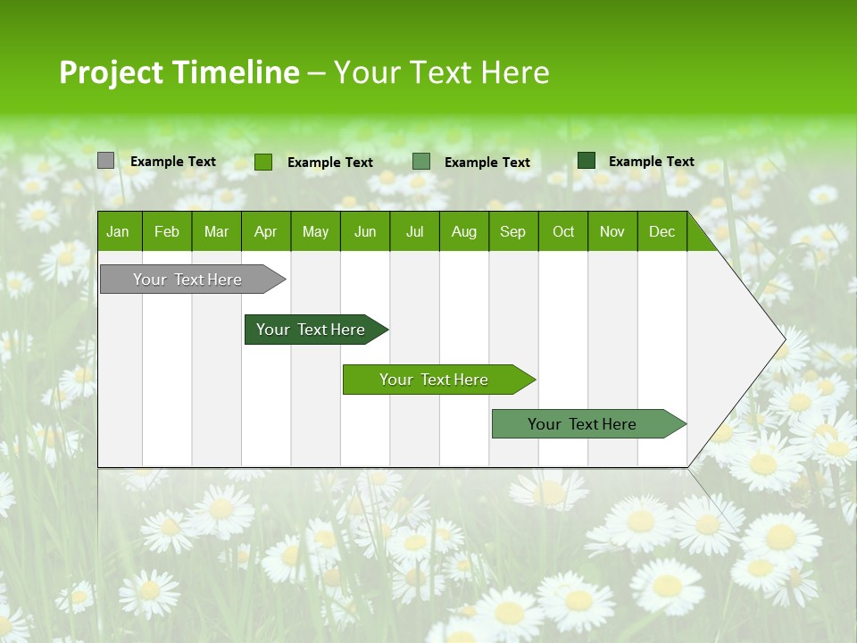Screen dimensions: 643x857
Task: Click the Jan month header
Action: point(119,231)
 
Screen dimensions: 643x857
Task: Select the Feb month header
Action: point(167,231)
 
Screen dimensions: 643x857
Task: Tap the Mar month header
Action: point(216,231)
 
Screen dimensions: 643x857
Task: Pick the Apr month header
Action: point(265,231)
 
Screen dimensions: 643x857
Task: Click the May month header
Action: point(315,231)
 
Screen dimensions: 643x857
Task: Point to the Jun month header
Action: point(365,231)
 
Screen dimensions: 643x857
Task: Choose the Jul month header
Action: point(414,231)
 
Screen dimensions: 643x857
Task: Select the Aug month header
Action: point(464,231)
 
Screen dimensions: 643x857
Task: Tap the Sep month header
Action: point(513,231)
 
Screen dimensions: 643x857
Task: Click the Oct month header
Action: point(563,231)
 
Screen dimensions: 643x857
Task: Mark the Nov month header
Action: point(612,231)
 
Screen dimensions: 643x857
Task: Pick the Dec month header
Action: point(661,231)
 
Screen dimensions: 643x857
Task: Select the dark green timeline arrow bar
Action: point(312,330)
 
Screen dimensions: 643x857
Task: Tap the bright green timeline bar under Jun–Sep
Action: point(436,380)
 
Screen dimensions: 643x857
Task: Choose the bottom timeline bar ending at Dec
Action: point(585,424)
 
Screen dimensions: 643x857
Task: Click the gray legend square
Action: point(105,161)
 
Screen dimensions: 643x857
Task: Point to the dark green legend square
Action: point(586,161)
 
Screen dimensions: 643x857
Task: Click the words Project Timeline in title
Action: point(179,72)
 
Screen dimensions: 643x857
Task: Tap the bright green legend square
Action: point(263,162)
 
